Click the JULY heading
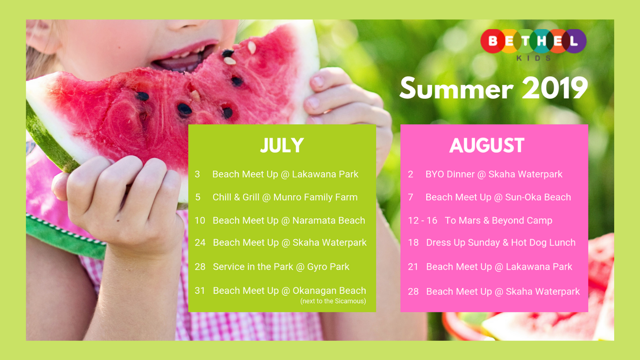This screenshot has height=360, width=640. [x=282, y=145]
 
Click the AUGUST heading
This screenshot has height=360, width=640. [x=487, y=145]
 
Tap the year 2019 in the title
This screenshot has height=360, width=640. [x=555, y=88]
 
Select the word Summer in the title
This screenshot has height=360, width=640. [x=456, y=88]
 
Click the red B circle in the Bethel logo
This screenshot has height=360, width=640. [x=492, y=41]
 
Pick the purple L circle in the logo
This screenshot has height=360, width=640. [x=575, y=41]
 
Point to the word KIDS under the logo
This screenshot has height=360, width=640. [x=533, y=58]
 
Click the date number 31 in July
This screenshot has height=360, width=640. [x=200, y=290]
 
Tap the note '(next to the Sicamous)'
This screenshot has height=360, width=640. [x=333, y=301]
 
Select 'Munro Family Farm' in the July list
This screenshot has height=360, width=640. [x=315, y=197]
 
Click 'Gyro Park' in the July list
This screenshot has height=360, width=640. [x=328, y=267]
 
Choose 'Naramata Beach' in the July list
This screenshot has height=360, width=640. [x=329, y=220]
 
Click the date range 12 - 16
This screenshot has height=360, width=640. [x=422, y=220]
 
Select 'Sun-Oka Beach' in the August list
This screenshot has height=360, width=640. [x=538, y=197]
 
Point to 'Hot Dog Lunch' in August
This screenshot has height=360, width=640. [x=543, y=242]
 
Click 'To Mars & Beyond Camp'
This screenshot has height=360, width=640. [x=498, y=220]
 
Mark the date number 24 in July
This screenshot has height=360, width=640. [x=200, y=242]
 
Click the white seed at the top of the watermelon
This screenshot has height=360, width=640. [x=252, y=47]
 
